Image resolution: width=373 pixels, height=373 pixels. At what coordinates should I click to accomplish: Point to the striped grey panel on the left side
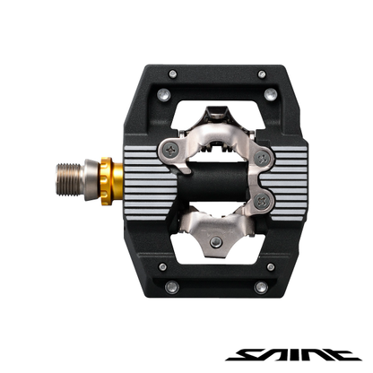pos(143,169)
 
